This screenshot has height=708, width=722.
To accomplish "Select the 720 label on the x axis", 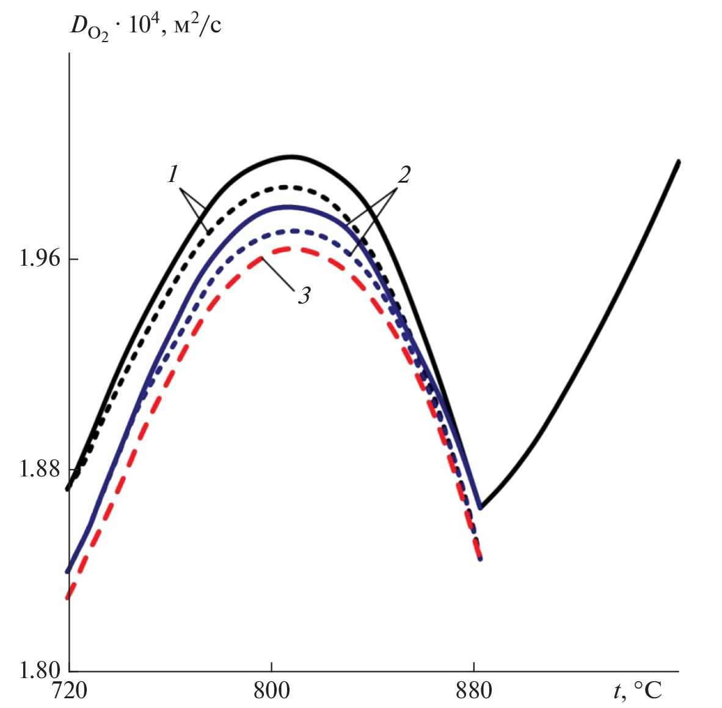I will (x=68, y=690).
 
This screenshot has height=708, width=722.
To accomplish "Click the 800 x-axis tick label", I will (x=271, y=690).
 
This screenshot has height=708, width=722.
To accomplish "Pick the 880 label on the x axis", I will (x=474, y=690).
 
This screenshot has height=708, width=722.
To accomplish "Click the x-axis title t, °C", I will (x=637, y=690).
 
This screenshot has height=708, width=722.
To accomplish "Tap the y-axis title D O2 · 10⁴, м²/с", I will (x=144, y=27).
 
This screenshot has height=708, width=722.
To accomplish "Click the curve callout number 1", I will (x=173, y=175).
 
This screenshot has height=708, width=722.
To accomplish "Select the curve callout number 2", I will (x=404, y=175).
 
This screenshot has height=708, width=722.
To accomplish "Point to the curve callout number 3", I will (x=304, y=296).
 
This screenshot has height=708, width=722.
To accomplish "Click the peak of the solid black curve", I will (x=292, y=156).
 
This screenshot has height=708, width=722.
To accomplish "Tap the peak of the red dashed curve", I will (x=286, y=248).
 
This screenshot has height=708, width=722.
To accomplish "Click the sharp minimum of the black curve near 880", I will (x=481, y=508).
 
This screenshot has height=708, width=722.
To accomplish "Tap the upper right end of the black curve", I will (x=679, y=161).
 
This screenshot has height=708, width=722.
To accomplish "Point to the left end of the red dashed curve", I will (x=69, y=597).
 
